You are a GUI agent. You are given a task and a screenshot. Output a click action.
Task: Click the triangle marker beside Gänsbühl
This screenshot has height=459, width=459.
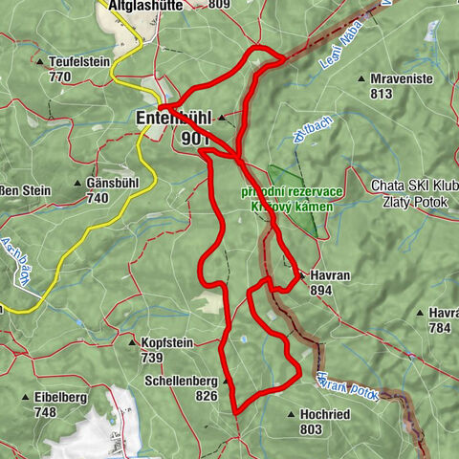[78, 183]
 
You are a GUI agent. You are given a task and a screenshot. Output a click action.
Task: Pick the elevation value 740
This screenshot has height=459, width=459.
[97, 198]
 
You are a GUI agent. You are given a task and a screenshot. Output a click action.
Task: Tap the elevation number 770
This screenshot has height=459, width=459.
[60, 76]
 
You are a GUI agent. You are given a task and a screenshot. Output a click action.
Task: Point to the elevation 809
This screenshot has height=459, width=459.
[219, 5]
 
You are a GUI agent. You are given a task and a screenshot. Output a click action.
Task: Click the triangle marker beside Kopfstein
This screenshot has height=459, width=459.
[133, 341]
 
